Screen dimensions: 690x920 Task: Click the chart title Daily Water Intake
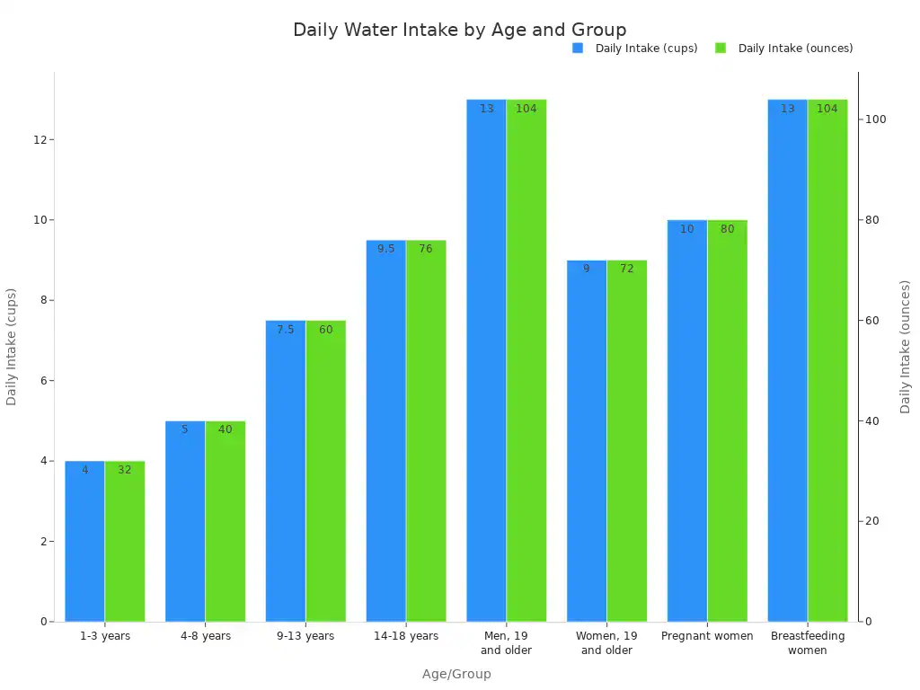(x=459, y=30)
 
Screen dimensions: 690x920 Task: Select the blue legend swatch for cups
(x=578, y=49)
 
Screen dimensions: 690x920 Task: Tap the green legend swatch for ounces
(x=721, y=49)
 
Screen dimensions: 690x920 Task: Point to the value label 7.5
(x=285, y=330)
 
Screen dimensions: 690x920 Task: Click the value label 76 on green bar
(x=426, y=249)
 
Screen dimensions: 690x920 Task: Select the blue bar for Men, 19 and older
(x=486, y=360)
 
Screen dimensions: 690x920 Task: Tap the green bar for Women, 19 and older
(x=627, y=440)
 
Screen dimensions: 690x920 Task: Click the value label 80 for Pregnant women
(x=727, y=229)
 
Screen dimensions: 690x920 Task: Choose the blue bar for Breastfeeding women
(x=787, y=360)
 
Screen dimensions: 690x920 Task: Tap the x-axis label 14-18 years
(x=406, y=636)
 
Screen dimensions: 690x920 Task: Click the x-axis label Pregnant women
(x=707, y=636)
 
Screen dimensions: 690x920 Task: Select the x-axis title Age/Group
(x=456, y=674)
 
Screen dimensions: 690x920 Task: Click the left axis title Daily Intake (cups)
(x=12, y=347)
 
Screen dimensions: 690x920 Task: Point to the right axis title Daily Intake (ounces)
(x=906, y=347)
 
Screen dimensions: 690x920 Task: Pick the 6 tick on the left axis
(x=43, y=381)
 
